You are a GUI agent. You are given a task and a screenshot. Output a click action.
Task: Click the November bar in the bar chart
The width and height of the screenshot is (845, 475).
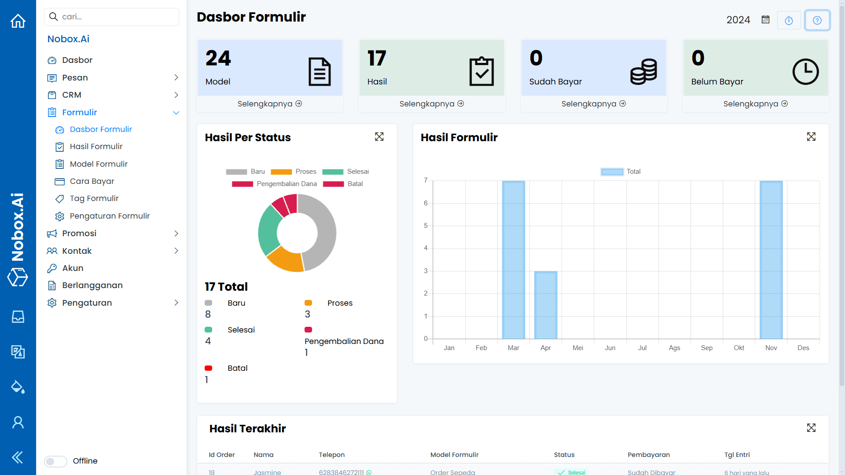(x=771, y=259)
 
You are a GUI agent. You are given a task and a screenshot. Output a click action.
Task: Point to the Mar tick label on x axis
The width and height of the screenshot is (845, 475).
(x=513, y=348)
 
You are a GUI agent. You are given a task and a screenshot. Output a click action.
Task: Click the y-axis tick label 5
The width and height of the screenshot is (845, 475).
(x=426, y=226)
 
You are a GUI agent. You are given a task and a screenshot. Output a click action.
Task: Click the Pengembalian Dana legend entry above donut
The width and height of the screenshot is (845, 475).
(x=275, y=184)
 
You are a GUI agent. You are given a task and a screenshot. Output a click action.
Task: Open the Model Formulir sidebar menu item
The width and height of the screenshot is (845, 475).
(x=99, y=164)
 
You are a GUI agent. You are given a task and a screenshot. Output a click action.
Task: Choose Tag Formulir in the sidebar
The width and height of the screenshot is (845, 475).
(x=94, y=198)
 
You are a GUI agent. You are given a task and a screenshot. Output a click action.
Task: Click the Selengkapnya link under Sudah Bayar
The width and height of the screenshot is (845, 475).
(x=593, y=104)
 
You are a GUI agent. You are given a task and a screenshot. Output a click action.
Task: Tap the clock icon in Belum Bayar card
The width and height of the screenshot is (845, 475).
(x=805, y=72)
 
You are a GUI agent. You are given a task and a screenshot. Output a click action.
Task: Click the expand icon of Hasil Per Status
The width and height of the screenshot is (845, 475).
(x=379, y=137)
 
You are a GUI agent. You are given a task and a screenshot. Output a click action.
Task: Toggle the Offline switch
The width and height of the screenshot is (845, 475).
(x=56, y=461)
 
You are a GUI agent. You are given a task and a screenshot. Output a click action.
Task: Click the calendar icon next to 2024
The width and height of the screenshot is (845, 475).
(x=766, y=20)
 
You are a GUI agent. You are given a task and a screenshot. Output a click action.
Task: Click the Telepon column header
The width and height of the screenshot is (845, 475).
(x=332, y=455)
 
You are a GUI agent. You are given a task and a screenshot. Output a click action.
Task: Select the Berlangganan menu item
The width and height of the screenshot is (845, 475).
(x=92, y=285)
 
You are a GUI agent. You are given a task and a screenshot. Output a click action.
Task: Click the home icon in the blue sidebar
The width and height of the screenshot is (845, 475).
(x=18, y=21)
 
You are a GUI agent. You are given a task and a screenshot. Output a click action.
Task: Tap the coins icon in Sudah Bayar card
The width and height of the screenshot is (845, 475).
(x=643, y=72)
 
